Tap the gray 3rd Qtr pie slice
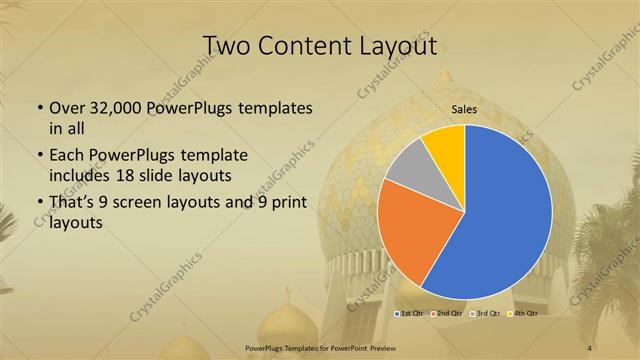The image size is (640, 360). [407, 165]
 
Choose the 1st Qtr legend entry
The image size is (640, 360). [410, 314]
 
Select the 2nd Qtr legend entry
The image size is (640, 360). [446, 314]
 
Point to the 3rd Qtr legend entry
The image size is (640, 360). [486, 314]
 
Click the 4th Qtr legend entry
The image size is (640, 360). [524, 314]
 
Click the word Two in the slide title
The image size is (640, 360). [228, 45]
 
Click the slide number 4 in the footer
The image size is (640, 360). [589, 347]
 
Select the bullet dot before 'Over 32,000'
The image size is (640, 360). [39, 108]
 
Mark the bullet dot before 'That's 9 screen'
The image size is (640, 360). [39, 203]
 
